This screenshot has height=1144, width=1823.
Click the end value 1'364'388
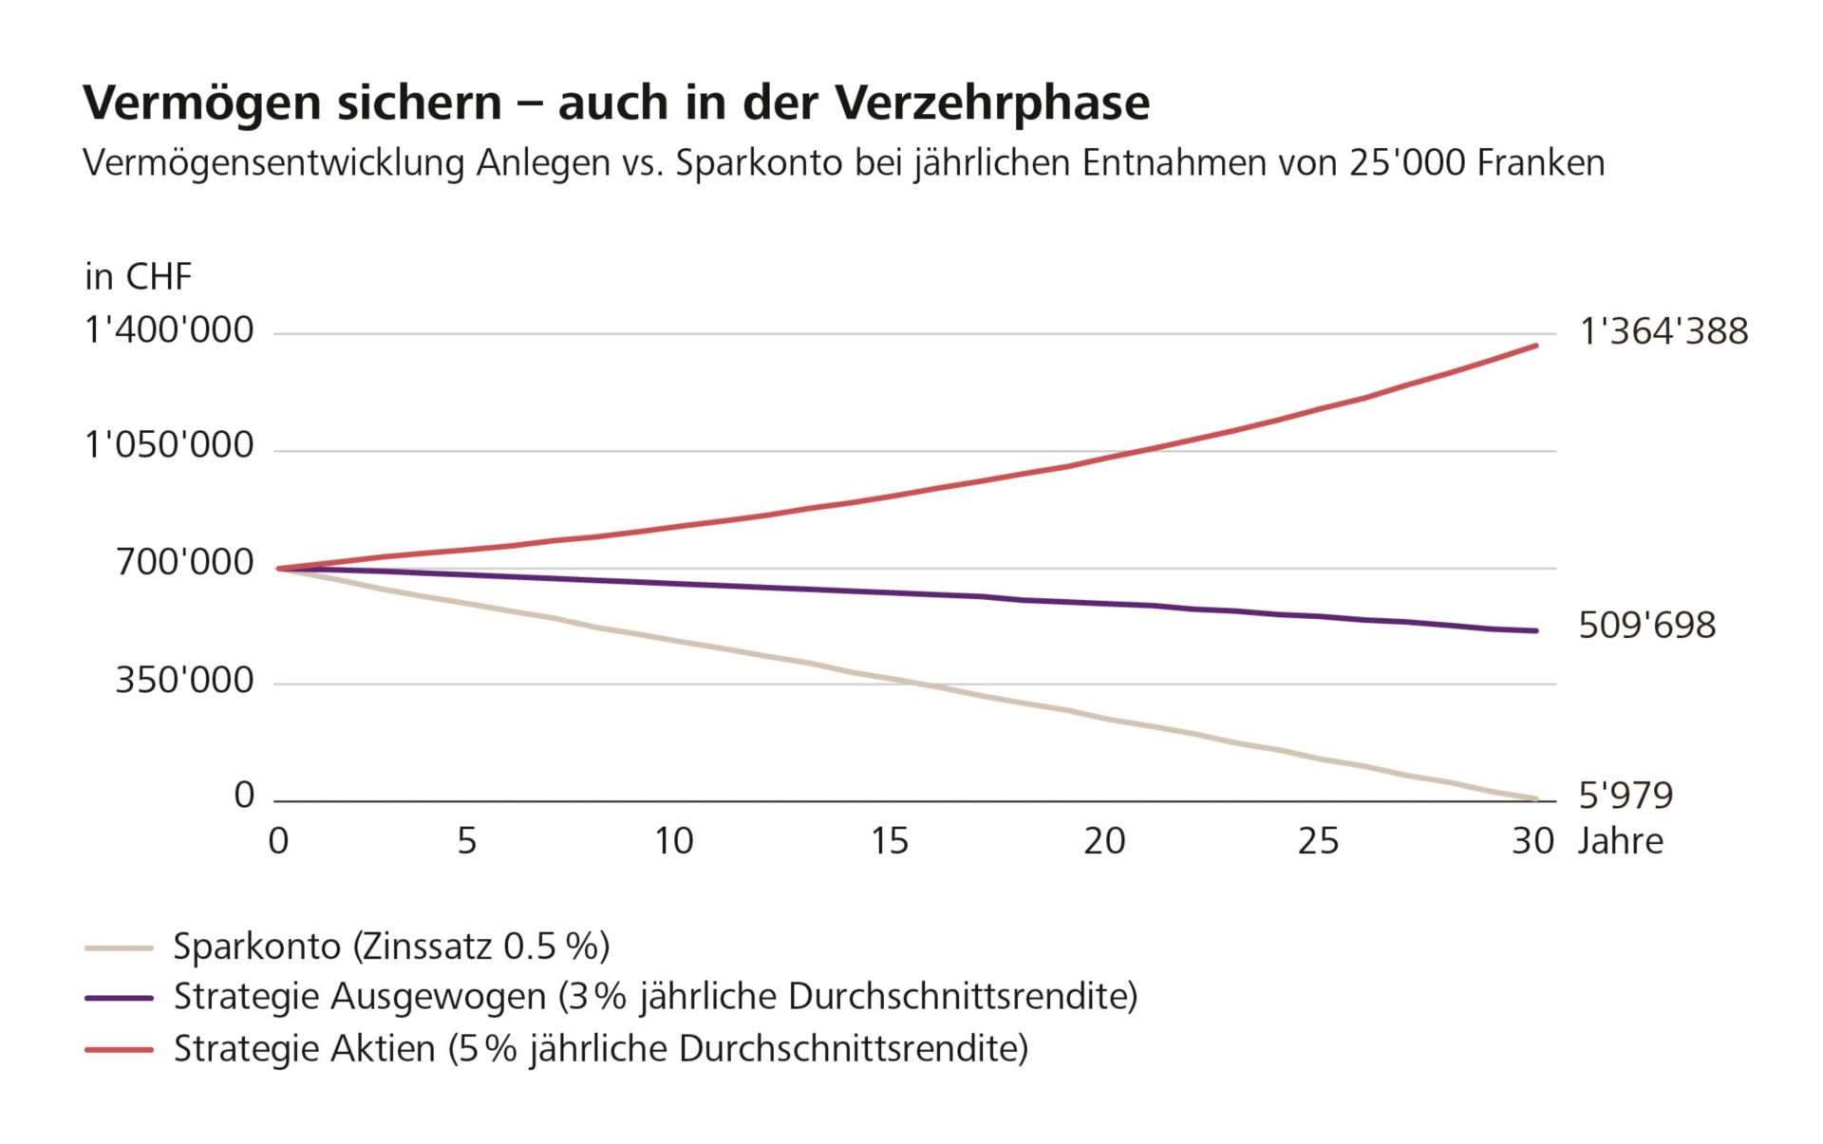(x=1663, y=331)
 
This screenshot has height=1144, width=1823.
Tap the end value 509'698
(x=1646, y=626)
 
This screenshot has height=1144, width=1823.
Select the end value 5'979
(x=1625, y=795)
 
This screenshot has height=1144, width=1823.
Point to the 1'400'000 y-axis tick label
(x=169, y=330)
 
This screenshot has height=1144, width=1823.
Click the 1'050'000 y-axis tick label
(x=169, y=444)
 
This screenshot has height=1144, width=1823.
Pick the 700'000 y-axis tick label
(x=184, y=562)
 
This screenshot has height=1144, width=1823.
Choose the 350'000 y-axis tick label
(x=184, y=680)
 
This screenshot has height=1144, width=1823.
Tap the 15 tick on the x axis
(x=889, y=841)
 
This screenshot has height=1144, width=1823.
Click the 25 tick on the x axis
(x=1318, y=841)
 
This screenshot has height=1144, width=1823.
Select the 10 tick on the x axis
(x=673, y=841)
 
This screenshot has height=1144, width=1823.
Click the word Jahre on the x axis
(x=1620, y=841)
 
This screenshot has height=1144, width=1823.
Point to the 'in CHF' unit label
(x=138, y=277)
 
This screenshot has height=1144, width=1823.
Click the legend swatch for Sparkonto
(x=119, y=947)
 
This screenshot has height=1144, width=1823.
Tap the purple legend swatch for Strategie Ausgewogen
(x=119, y=998)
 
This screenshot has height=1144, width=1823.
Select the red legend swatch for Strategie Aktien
(x=119, y=1049)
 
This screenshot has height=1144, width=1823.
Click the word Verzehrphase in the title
(x=992, y=103)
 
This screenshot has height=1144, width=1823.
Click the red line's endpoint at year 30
(x=1535, y=346)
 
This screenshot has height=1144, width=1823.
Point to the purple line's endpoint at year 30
(x=1535, y=630)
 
